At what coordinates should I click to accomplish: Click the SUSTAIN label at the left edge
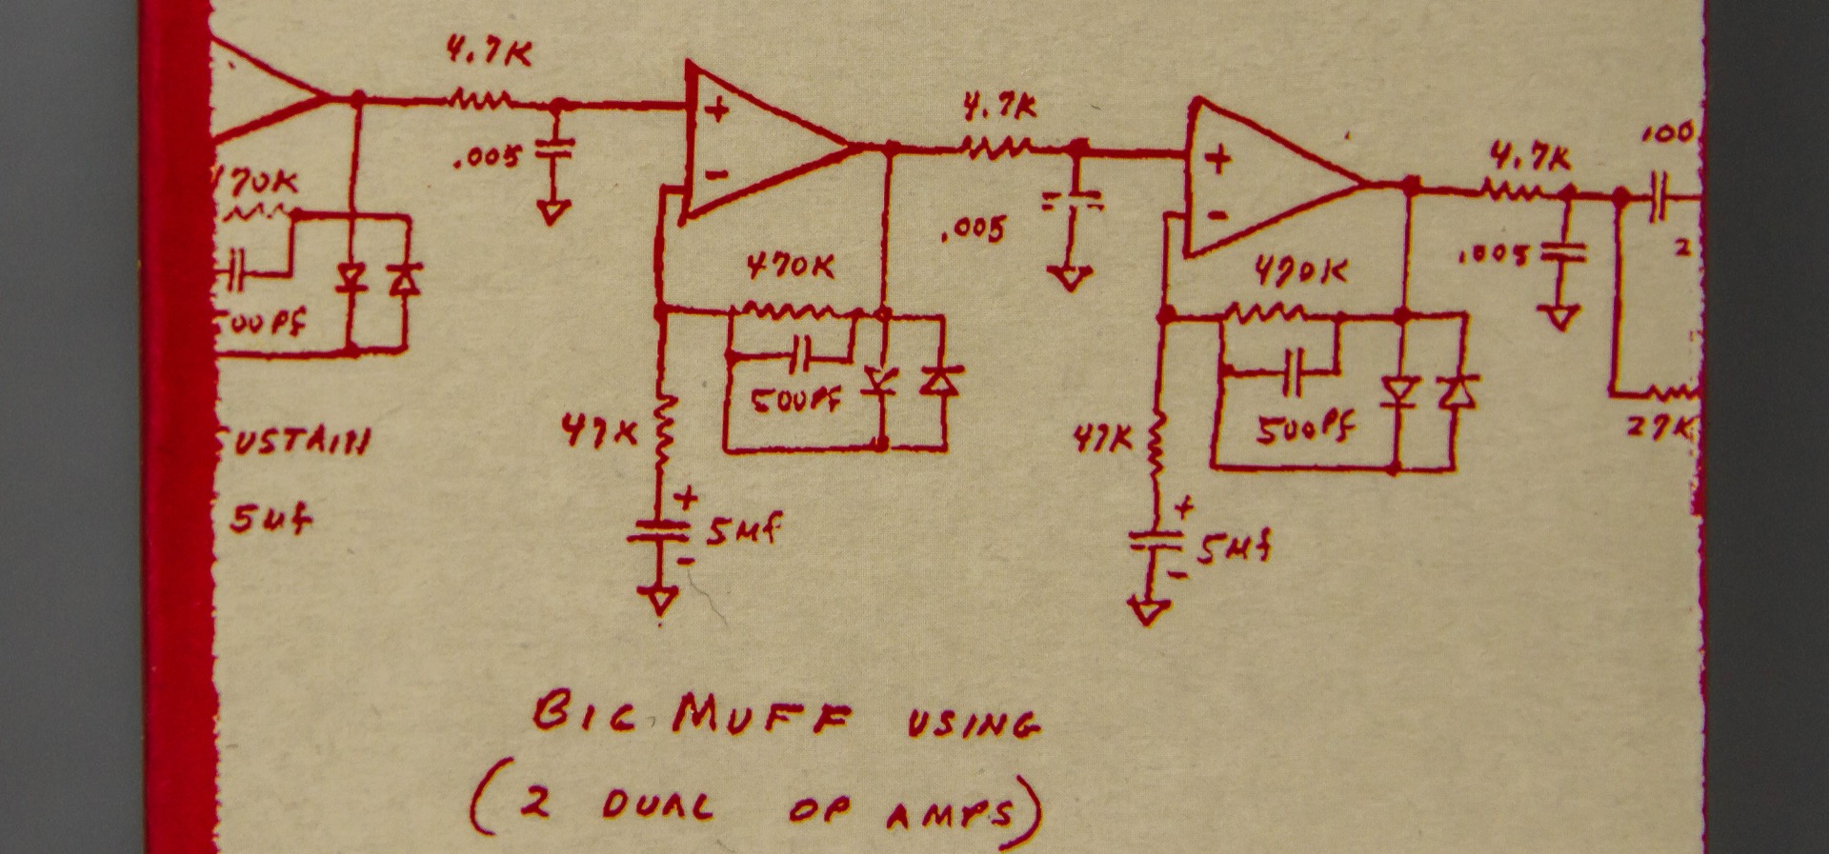pos(291,443)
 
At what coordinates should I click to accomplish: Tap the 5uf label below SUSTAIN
pos(271,520)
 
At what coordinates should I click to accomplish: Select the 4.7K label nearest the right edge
pos(1530,158)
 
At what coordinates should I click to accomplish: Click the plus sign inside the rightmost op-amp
pos(1218,160)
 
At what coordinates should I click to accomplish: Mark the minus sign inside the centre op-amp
pos(717,174)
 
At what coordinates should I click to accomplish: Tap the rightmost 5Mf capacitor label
pos(1234,550)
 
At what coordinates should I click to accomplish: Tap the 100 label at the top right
pos(1667,132)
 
